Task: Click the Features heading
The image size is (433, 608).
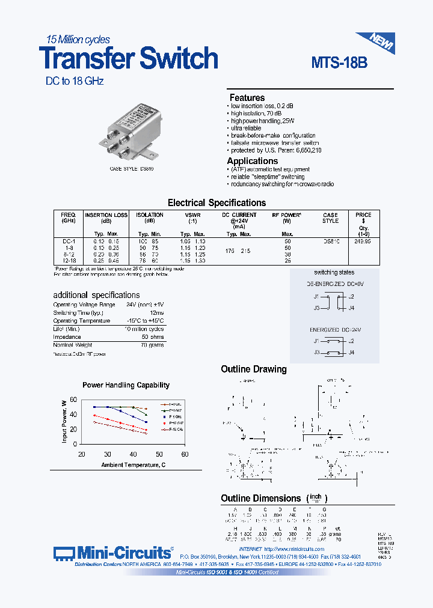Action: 247,98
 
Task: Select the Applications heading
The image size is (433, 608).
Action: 252,161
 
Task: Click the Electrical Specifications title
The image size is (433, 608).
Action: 216,203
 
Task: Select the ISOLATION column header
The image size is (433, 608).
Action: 150,215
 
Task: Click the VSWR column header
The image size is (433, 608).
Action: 192,215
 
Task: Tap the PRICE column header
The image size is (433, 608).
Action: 363,215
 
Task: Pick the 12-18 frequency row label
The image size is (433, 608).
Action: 67,260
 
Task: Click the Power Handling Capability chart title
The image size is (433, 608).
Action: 126,385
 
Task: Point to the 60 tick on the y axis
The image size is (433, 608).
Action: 73,400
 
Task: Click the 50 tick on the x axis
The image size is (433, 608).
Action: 159,455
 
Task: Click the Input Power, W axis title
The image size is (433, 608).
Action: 64,422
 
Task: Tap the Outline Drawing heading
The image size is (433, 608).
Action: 254,369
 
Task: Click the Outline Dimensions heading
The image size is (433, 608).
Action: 260,499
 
